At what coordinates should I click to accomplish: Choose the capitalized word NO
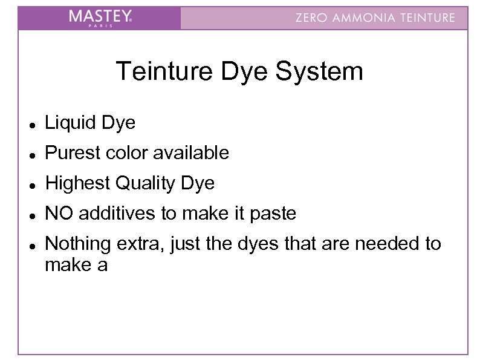[x=59, y=213]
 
